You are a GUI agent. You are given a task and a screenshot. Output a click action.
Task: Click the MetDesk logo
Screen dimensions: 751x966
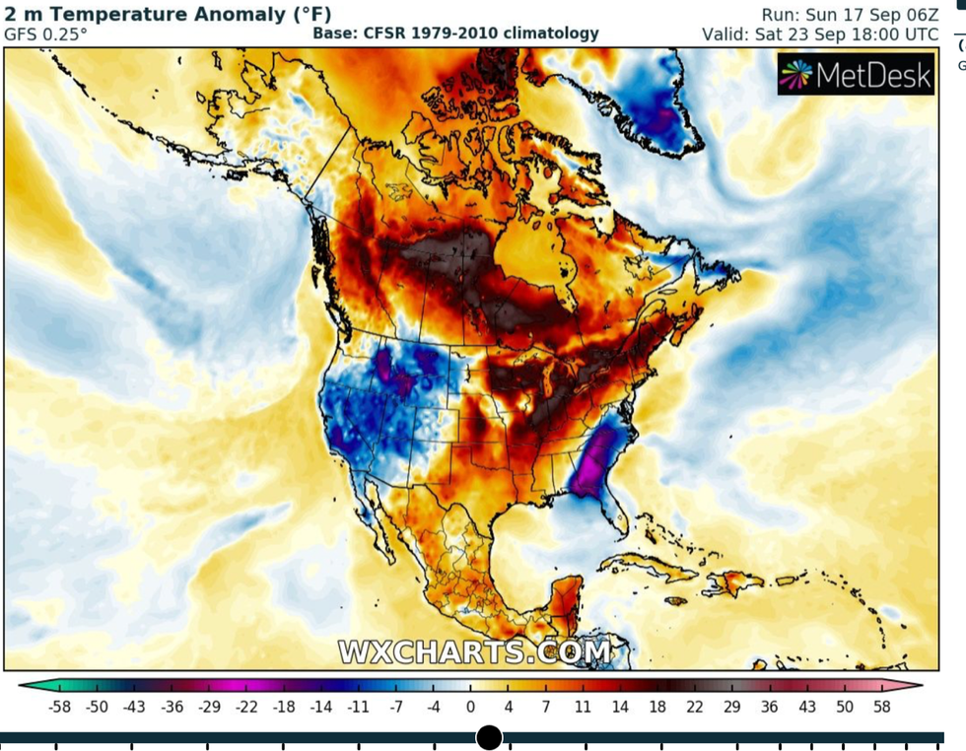click(x=855, y=75)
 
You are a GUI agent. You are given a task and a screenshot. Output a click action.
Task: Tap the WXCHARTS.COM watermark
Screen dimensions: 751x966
click(x=475, y=651)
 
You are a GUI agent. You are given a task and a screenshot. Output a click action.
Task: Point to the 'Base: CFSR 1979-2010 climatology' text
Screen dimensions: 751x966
click(x=455, y=34)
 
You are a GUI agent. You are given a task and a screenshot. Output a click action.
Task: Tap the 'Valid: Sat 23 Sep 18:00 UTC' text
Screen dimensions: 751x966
click(x=820, y=34)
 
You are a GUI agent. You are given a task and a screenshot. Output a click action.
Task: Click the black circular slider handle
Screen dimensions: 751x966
click(x=489, y=737)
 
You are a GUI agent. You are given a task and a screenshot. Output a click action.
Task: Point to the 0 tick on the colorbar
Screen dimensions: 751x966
click(x=470, y=706)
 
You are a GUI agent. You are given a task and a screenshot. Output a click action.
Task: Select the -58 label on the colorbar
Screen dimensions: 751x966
click(x=60, y=706)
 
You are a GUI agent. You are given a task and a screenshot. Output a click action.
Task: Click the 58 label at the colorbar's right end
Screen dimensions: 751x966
click(x=881, y=706)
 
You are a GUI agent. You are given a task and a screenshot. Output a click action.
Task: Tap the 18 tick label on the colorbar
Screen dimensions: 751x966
click(x=657, y=706)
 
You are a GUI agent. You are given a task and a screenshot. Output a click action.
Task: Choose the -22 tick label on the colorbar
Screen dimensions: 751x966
click(x=247, y=706)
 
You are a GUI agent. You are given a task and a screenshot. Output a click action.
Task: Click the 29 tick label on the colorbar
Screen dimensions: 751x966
click(x=731, y=706)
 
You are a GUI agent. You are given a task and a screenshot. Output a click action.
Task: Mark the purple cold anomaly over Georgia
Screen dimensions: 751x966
click(x=590, y=464)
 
